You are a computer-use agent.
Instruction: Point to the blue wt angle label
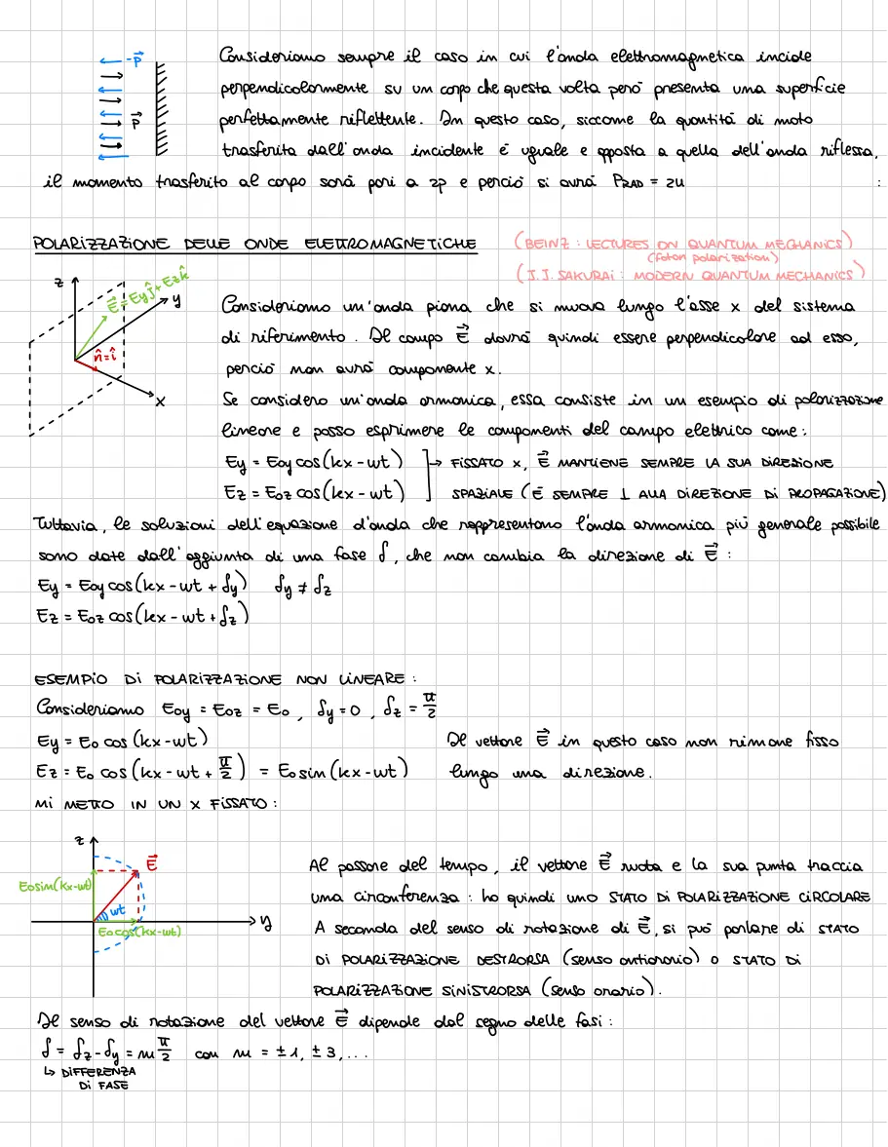117,909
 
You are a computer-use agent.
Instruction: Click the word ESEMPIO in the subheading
66,679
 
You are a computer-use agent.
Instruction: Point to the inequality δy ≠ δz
304,588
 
